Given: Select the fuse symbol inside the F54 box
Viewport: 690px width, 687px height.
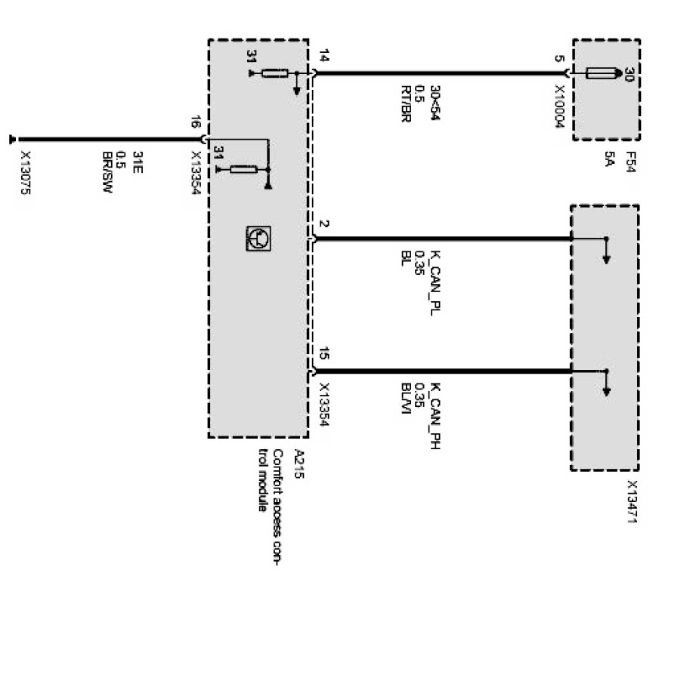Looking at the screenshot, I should [602, 73].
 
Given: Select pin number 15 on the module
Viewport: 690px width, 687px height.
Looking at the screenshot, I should [324, 353].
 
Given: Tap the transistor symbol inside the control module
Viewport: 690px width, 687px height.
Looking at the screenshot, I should [257, 239].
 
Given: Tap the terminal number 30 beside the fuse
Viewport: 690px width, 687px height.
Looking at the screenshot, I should [628, 73].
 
